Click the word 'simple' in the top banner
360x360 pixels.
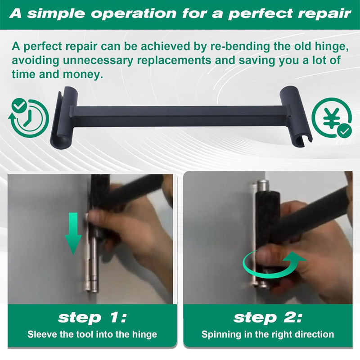[x=56, y=14]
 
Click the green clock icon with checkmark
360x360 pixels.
[x=28, y=118]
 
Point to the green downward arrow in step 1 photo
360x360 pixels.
[x=73, y=234]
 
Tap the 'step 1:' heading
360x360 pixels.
[x=92, y=318]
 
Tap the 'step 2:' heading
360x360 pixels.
[x=268, y=318]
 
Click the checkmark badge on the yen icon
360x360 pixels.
[x=344, y=131]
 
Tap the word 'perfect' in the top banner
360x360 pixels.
[x=261, y=14]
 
